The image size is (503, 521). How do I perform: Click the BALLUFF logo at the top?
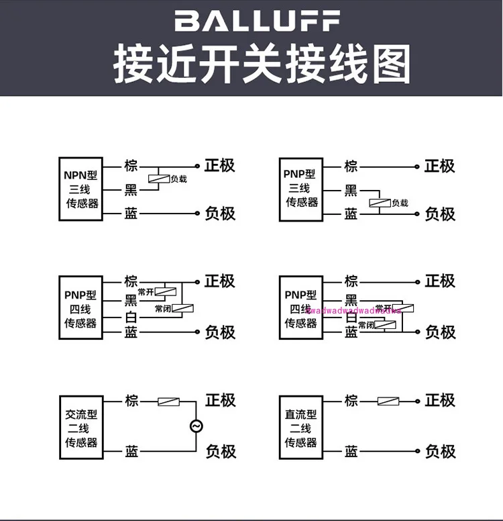pos(258,21)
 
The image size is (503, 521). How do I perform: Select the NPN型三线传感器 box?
pos(81,189)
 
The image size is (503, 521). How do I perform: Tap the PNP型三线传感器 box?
pos(301,189)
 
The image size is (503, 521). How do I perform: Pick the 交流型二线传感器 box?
pos(81,428)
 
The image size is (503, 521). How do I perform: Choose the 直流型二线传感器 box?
pos(300,428)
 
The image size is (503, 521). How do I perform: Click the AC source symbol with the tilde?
pos(197,426)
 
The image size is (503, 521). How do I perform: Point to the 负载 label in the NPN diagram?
pos(178,179)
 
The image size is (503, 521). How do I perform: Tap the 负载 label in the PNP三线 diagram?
pos(400,203)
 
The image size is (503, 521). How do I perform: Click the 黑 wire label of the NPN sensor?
pos(131,190)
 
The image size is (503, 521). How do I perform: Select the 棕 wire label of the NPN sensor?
pos(131,166)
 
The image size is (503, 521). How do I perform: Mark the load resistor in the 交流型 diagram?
pos(168,401)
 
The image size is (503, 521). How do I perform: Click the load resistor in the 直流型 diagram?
pos(388,401)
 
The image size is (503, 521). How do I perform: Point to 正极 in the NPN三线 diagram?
pos(220,166)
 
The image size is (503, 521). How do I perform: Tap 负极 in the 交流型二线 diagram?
pos(221,451)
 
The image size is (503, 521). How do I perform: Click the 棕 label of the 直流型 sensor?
pos(351,401)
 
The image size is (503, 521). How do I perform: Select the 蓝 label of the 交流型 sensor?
pos(131,451)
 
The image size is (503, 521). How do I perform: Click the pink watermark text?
pos(353,310)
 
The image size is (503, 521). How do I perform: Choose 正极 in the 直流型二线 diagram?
pos(440,400)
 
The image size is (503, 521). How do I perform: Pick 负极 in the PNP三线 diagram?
pos(440,214)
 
